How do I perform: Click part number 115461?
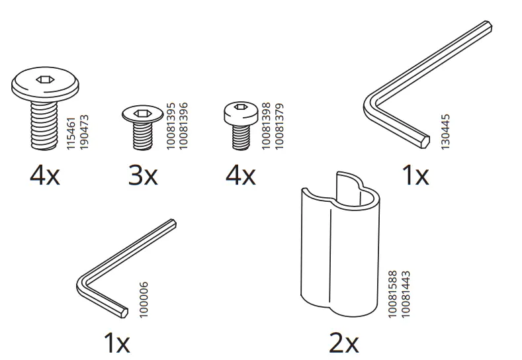pyautogui.click(x=71, y=133)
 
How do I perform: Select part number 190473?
pyautogui.click(x=84, y=132)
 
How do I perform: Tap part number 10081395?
pyautogui.click(x=171, y=126)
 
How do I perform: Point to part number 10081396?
pyautogui.click(x=183, y=126)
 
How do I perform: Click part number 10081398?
pyautogui.click(x=266, y=126)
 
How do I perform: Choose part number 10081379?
pyautogui.click(x=279, y=126)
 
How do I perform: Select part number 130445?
pyautogui.click(x=445, y=132)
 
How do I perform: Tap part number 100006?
pyautogui.click(x=143, y=300)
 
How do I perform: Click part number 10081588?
pyautogui.click(x=393, y=294)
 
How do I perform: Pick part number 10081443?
pyautogui.click(x=406, y=294)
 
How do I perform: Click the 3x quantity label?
pyautogui.click(x=143, y=175)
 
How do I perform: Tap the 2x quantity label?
pyautogui.click(x=344, y=343)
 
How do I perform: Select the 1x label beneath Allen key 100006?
pyautogui.click(x=116, y=343)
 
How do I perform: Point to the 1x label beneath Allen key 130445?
pyautogui.click(x=415, y=175)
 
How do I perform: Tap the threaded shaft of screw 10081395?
pyautogui.click(x=142, y=136)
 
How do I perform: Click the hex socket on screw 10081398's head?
pyautogui.click(x=240, y=107)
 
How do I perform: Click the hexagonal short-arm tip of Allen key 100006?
pyautogui.click(x=124, y=313)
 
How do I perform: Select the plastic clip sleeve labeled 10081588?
pyautogui.click(x=340, y=245)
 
